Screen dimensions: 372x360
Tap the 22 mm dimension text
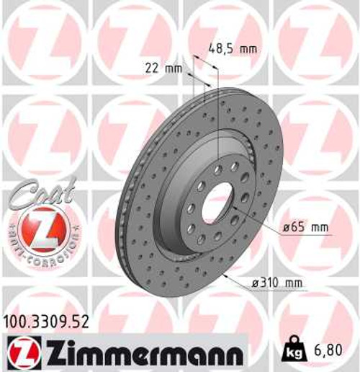pyautogui.click(x=161, y=68)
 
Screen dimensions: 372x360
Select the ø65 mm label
pyautogui.click(x=305, y=228)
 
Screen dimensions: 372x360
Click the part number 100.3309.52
pyautogui.click(x=46, y=322)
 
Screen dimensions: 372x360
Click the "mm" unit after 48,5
pyautogui.click(x=248, y=50)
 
